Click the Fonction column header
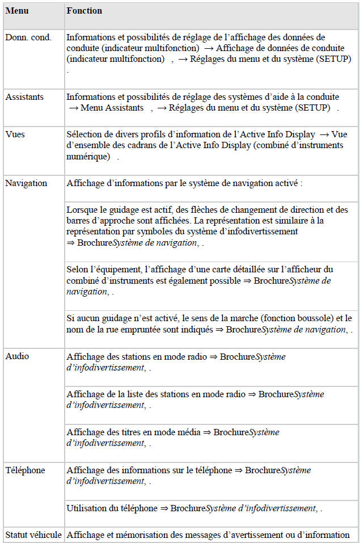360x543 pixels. point(84,11)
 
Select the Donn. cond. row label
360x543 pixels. point(28,37)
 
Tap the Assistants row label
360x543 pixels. point(24,97)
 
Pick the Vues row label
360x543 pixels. point(15,134)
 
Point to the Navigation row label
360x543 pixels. point(26,183)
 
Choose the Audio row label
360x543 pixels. point(17,356)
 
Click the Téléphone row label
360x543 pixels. point(25,470)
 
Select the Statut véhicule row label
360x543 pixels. point(33,534)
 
